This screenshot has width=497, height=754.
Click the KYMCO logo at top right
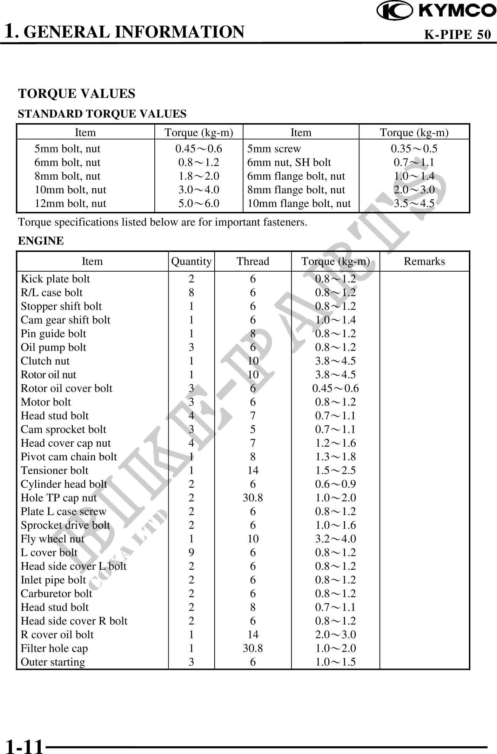(436, 11)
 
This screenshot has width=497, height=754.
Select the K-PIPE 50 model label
(457, 34)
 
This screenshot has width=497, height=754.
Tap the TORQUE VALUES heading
(76, 94)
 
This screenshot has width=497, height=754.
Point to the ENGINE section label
(41, 241)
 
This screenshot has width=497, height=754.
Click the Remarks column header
(424, 261)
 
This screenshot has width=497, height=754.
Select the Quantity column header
(191, 261)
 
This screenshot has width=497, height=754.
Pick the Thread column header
(253, 261)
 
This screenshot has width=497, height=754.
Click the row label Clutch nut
(45, 361)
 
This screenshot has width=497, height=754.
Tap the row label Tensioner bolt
(54, 470)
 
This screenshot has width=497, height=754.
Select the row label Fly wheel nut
(52, 539)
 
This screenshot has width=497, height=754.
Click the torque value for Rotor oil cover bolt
(335, 388)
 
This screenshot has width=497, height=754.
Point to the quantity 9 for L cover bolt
(191, 552)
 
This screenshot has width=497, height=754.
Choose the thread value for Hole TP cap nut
(253, 498)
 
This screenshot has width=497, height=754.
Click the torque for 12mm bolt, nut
(199, 203)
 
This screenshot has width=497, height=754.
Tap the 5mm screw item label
(274, 149)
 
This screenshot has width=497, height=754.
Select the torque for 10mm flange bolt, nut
(414, 203)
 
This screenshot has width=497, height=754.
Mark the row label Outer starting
(53, 662)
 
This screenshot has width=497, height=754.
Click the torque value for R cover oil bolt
(335, 634)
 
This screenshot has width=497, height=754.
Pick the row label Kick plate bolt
(55, 279)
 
